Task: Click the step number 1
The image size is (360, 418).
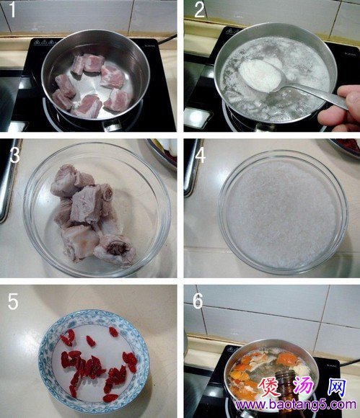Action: pos(12,10)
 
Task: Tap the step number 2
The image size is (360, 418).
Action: pos(200,10)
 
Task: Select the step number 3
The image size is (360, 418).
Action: pos(14,155)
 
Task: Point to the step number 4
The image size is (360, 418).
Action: pos(200,156)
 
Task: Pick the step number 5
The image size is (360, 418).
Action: pos(13,301)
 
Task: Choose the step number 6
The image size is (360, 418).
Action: pos(198,301)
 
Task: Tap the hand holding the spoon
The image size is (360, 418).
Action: pos(340,108)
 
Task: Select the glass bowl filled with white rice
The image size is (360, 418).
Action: pos(284,212)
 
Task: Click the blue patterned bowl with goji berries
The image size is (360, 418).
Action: pos(93,361)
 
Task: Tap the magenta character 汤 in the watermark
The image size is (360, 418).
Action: pos(304,387)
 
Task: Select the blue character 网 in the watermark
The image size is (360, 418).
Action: pos(337,387)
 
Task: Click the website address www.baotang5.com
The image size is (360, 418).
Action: pos(296,405)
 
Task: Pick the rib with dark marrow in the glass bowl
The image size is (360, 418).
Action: pos(115,250)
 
